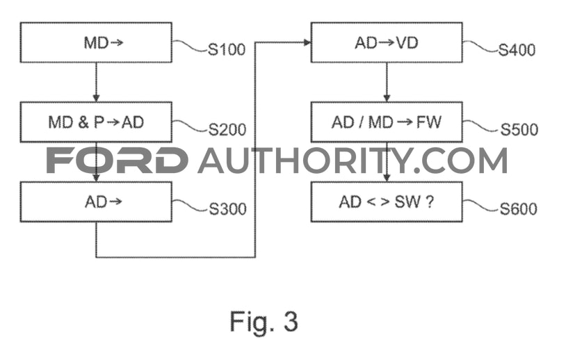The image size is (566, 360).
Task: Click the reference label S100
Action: point(227,49)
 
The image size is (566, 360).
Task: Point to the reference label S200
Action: point(227,129)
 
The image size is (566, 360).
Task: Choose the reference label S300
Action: point(228,209)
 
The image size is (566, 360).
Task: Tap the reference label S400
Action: point(517,50)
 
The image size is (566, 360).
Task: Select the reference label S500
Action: point(519,129)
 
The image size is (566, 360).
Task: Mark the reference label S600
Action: point(518,209)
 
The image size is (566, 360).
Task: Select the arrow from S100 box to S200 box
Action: point(96,82)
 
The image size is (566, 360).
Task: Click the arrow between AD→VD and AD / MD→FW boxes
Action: point(387,82)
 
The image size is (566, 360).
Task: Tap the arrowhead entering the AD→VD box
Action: point(307,42)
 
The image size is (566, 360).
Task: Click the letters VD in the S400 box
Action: point(407,43)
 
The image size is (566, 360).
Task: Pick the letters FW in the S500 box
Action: point(429,122)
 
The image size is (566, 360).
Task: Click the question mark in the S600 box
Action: point(429,202)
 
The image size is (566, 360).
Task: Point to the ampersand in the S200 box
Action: point(83,122)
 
